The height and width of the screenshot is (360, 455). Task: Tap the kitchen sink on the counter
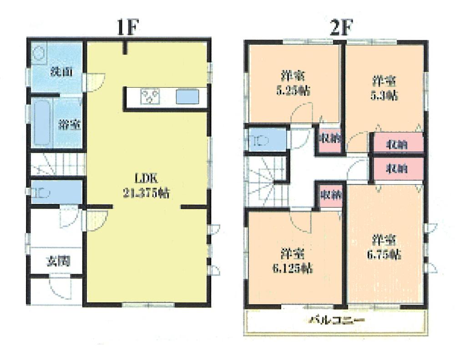coord(187,97)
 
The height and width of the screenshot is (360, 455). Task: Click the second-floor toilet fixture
coord(258,140)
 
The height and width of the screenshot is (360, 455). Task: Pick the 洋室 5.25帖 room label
coord(293,83)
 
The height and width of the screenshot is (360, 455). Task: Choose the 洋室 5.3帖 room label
coord(384,88)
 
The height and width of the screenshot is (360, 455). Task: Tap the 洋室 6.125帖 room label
coord(292,260)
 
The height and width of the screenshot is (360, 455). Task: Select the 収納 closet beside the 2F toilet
coord(327,140)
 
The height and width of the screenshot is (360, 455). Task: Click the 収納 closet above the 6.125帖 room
coord(329,195)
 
